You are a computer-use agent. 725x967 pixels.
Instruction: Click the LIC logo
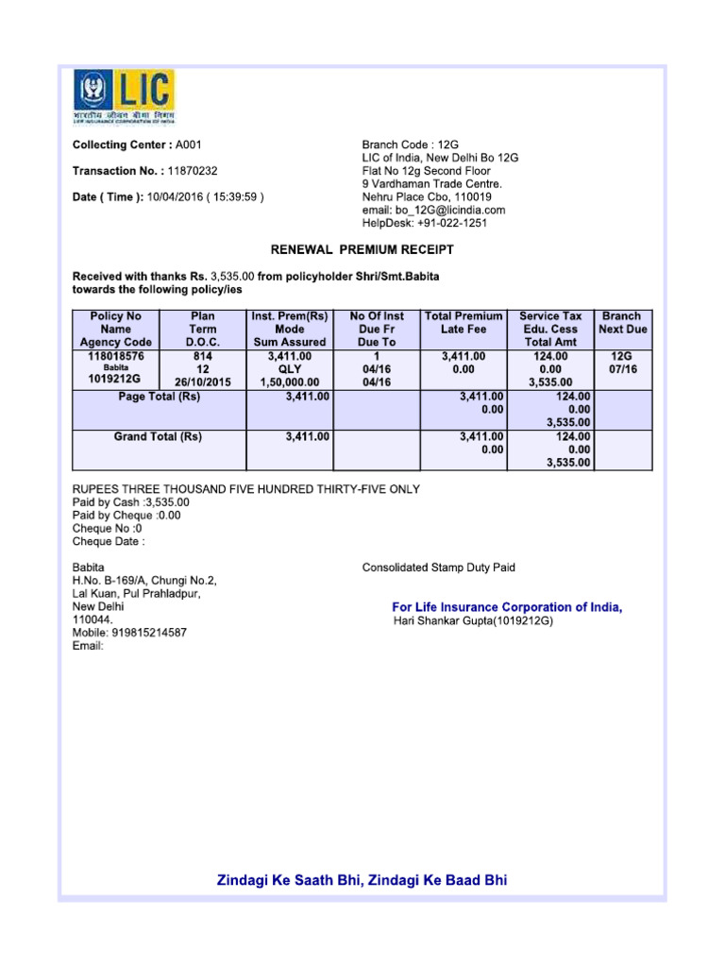pyautogui.click(x=124, y=97)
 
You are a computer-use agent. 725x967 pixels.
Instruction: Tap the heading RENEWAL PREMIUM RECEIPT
pyautogui.click(x=362, y=250)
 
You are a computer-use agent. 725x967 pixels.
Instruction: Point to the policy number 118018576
pyautogui.click(x=115, y=356)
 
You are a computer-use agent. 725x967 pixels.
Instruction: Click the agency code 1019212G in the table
pyautogui.click(x=115, y=381)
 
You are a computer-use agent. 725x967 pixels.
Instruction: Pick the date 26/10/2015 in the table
pyautogui.click(x=202, y=382)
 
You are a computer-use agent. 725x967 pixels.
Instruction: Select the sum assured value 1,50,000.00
pyautogui.click(x=290, y=382)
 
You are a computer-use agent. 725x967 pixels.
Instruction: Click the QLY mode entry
pyautogui.click(x=290, y=369)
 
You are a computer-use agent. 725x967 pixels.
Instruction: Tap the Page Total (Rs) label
pyautogui.click(x=159, y=397)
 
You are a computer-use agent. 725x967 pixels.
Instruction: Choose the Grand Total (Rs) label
pyautogui.click(x=158, y=437)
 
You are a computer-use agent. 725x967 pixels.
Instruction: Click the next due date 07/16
pyautogui.click(x=623, y=369)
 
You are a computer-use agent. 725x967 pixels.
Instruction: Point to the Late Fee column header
pyautogui.click(x=463, y=329)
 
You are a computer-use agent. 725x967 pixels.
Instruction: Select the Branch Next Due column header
pyautogui.click(x=623, y=322)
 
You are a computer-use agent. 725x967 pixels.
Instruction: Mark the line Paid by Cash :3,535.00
pyautogui.click(x=131, y=502)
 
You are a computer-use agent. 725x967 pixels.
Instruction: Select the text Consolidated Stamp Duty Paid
pyautogui.click(x=439, y=568)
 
